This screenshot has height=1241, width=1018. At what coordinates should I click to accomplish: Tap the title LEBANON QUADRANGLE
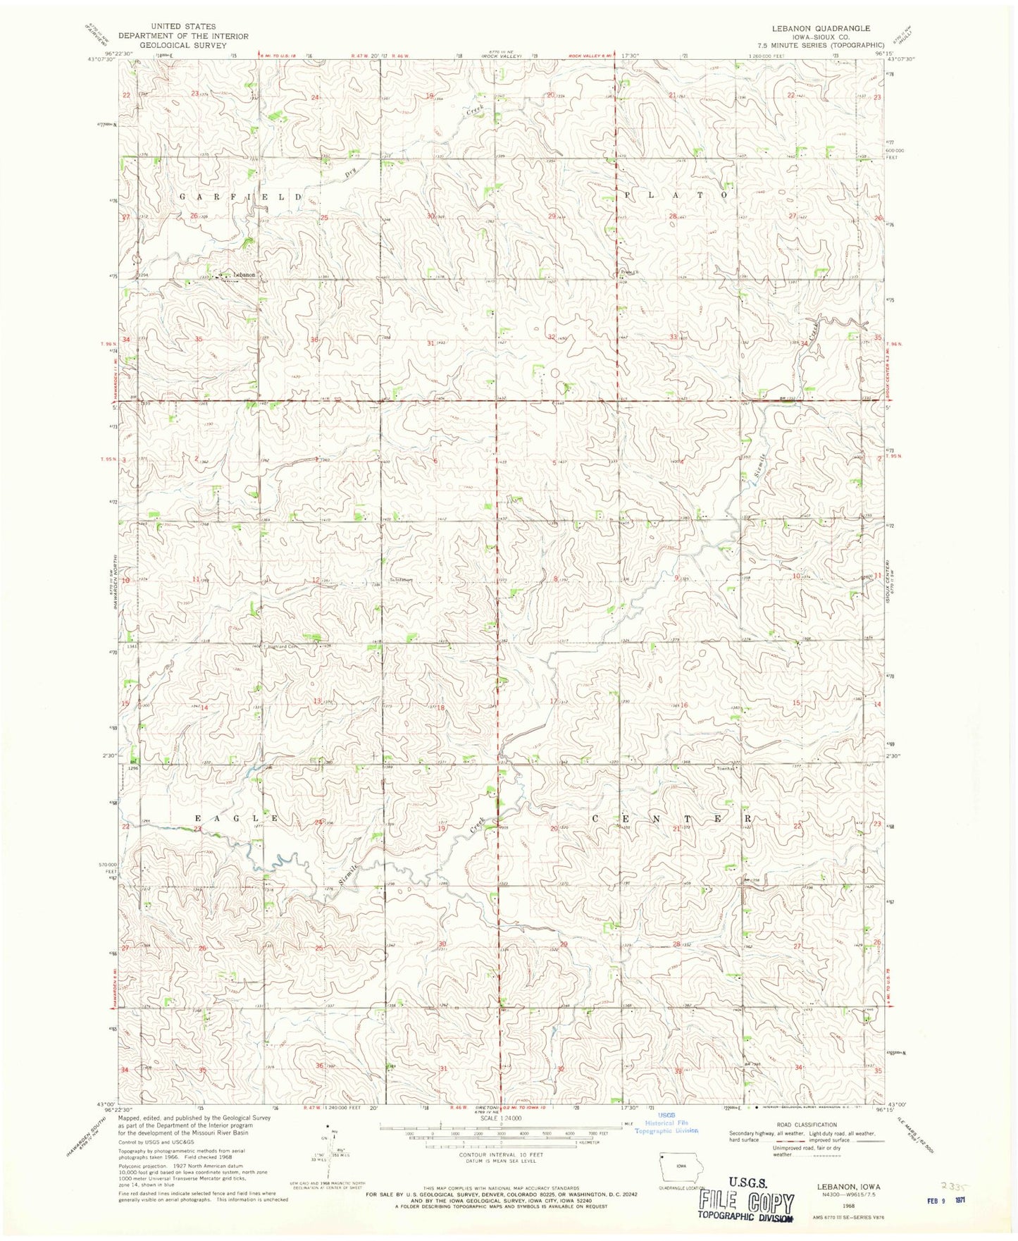click(x=820, y=28)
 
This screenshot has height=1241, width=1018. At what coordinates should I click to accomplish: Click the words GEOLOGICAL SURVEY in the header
click(x=182, y=45)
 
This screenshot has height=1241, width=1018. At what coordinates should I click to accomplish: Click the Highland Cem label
click(x=283, y=646)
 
